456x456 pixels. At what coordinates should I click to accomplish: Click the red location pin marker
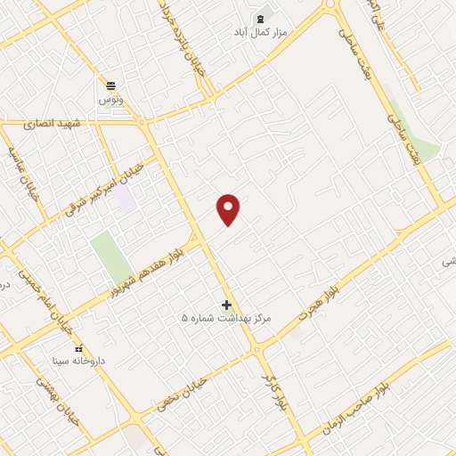229,208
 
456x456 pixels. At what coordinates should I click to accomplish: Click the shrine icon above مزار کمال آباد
261,18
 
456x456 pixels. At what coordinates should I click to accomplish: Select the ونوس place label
111,99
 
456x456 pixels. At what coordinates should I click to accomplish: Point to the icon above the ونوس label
111,85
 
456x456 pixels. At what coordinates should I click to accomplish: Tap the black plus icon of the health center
226,305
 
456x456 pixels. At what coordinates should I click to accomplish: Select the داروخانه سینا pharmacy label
78,361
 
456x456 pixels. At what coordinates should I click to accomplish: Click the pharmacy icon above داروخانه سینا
78,347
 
